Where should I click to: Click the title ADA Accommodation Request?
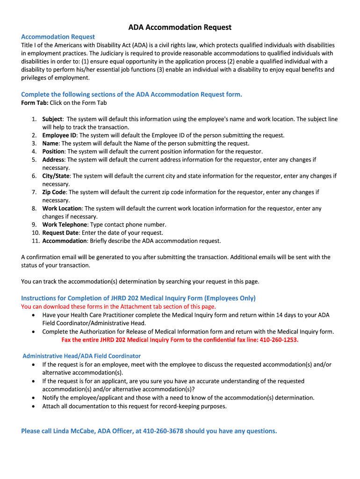pyautogui.click(x=180, y=28)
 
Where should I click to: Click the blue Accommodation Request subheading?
pyautogui.click(x=58, y=36)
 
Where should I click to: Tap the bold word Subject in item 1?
pyautogui.click(x=52, y=119)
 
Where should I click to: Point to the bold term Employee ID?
pyautogui.click(x=59, y=135)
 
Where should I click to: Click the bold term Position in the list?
pyautogui.click(x=53, y=152)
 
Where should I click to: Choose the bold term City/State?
pyautogui.click(x=56, y=176)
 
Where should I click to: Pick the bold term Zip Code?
pyautogui.click(x=54, y=192)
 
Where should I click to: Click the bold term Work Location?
pyautogui.click(x=62, y=209)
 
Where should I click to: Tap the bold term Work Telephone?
pyautogui.click(x=65, y=225)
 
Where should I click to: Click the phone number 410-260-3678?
pyautogui.click(x=163, y=431)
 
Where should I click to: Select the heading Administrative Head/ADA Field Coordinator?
pyautogui.click(x=82, y=356)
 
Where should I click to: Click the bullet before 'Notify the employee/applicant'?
pyautogui.click(x=32, y=398)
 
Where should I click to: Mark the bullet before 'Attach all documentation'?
pyautogui.click(x=32, y=406)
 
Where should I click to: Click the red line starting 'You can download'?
pyautogui.click(x=118, y=306)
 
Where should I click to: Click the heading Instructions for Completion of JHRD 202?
pyautogui.click(x=138, y=298)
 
